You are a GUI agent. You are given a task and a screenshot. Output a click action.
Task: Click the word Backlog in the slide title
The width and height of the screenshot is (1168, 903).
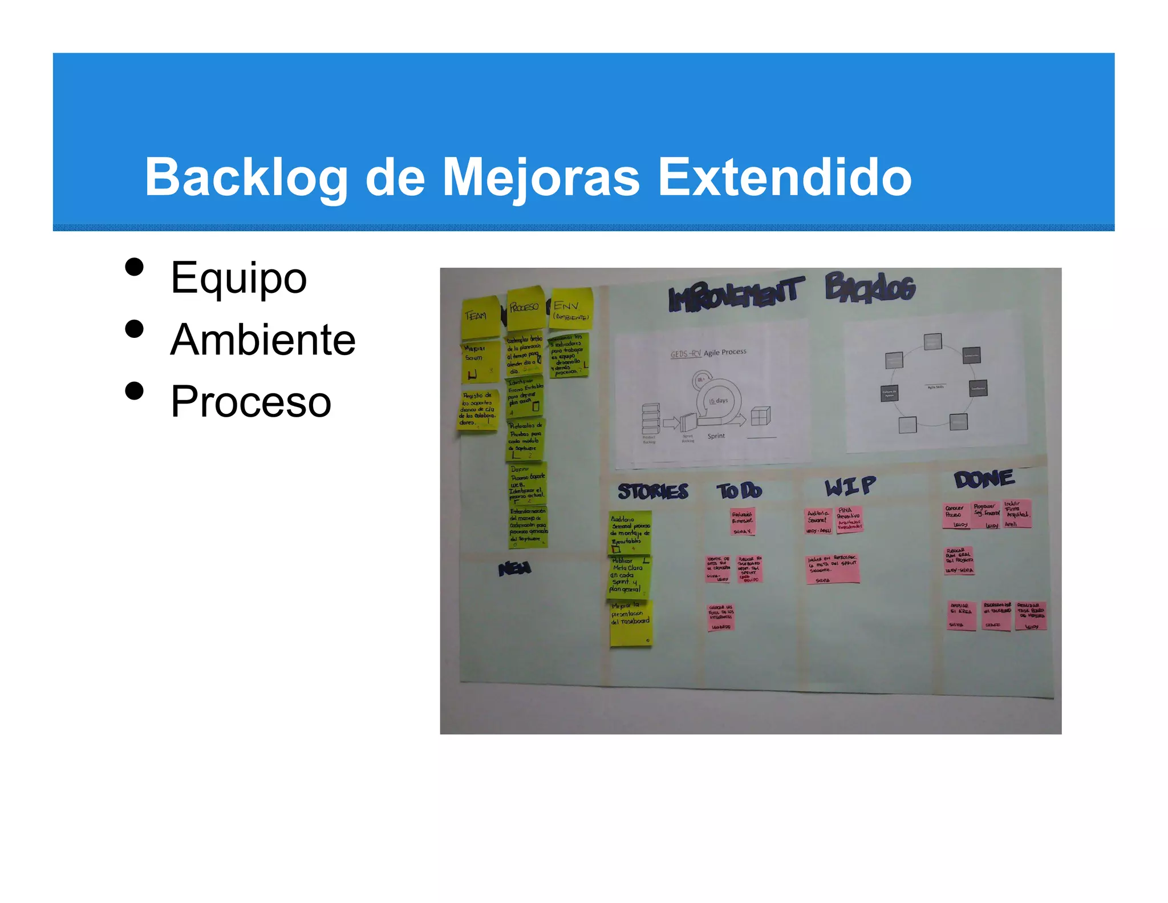[x=246, y=178]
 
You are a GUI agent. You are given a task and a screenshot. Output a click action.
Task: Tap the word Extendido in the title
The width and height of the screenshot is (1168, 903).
[x=785, y=178]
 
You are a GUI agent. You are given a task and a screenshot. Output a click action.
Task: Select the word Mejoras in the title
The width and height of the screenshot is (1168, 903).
[x=541, y=178]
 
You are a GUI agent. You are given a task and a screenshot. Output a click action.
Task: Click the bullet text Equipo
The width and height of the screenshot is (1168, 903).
[x=238, y=278]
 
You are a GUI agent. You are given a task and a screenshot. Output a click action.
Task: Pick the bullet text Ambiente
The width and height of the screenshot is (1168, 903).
[x=263, y=340]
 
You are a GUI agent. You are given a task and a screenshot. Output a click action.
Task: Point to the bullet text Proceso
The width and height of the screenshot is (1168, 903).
[x=251, y=402]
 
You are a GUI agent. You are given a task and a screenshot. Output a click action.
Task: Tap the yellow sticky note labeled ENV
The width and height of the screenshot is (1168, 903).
[x=571, y=309]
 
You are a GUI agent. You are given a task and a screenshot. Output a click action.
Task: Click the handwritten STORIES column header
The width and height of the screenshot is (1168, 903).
[x=653, y=491]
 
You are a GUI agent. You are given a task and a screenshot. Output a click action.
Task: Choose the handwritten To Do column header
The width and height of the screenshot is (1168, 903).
[x=739, y=490]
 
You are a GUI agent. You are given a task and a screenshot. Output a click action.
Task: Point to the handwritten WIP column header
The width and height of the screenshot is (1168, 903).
[x=850, y=486]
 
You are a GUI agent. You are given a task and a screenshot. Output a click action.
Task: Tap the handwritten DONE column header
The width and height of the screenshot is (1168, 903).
[x=984, y=479]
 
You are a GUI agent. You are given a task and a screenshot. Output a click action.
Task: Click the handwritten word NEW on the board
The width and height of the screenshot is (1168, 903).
[x=514, y=569]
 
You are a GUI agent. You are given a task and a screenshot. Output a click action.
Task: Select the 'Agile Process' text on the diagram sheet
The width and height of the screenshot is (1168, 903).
[x=725, y=352]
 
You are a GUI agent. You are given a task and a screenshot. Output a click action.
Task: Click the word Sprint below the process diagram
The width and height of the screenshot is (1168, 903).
[x=716, y=436]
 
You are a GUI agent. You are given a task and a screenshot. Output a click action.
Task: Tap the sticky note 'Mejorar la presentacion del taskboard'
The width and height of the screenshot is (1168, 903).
[x=630, y=623]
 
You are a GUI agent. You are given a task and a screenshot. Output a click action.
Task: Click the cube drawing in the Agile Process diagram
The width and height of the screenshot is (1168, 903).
[x=761, y=416]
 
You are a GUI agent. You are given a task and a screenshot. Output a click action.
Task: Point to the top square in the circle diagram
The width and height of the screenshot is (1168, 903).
[x=933, y=342]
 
